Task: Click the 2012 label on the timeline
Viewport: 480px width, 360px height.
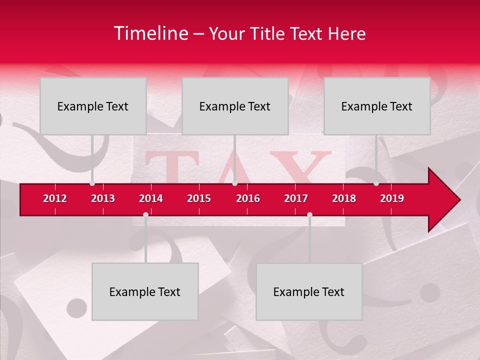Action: pos(55,198)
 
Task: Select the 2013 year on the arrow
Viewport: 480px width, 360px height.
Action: pos(103,198)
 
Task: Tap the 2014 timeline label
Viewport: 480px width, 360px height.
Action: pos(151,198)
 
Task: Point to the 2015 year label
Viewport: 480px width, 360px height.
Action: pos(199,198)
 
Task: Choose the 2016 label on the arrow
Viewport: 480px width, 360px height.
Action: pos(248,198)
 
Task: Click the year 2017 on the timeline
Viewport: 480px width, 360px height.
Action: pos(296,198)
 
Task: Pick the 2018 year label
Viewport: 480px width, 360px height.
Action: pos(344,198)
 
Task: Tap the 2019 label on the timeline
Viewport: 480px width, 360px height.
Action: pos(392,198)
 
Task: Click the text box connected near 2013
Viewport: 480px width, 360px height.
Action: pos(93,106)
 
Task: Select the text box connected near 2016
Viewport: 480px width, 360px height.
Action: pos(235,106)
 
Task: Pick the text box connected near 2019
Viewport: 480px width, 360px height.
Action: pos(377,106)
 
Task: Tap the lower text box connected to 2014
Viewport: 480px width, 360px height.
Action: pos(145,291)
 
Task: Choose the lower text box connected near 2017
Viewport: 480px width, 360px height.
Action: pos(309,291)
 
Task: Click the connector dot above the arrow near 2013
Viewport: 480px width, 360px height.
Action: pos(92,183)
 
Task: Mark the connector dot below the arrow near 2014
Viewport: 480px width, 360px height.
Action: pos(145,214)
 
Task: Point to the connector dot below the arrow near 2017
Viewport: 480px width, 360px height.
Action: pos(309,214)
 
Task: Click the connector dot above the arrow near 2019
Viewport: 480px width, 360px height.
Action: pos(376,183)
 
